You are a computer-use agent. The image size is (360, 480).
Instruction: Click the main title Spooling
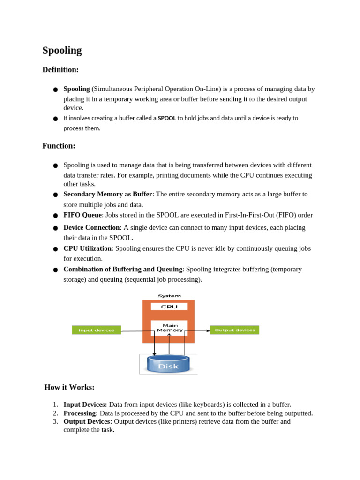click(62, 51)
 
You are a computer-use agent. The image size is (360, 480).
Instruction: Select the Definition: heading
click(60, 70)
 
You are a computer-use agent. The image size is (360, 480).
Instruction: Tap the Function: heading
click(59, 146)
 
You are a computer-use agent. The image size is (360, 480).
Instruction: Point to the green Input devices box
click(96, 330)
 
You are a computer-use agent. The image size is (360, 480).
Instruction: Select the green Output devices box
click(234, 330)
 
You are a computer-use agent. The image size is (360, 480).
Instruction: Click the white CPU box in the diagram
click(169, 307)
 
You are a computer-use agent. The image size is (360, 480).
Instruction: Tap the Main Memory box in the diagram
click(169, 328)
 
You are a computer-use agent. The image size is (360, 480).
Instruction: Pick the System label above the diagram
click(169, 296)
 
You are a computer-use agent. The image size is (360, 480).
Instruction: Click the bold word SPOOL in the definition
click(167, 118)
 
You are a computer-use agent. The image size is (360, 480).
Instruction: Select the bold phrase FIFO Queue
click(82, 215)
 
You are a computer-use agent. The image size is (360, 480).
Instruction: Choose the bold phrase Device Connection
click(91, 227)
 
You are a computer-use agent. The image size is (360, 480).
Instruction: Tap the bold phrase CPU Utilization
click(87, 248)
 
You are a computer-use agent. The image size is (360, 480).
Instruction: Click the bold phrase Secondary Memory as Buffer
click(107, 194)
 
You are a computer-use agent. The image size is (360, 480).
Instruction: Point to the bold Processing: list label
click(81, 413)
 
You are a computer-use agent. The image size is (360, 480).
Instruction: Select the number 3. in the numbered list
click(55, 421)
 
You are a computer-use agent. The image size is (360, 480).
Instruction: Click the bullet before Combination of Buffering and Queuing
click(55, 270)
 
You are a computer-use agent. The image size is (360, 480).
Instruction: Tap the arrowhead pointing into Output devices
click(208, 330)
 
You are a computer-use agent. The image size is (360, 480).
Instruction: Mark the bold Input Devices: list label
click(85, 405)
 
